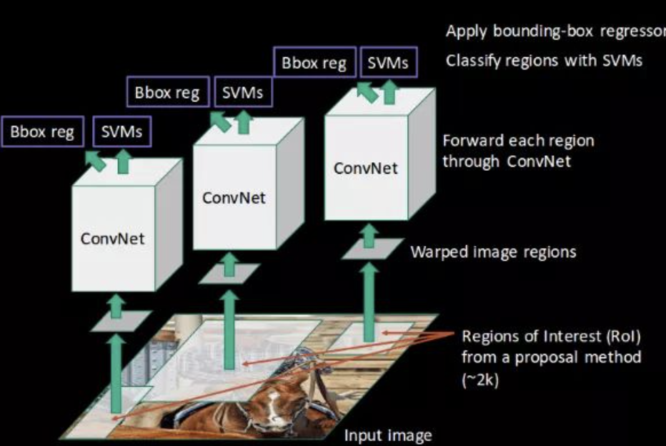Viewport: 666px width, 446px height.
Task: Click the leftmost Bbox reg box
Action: coord(43,132)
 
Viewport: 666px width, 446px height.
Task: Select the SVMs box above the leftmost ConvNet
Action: coord(121,132)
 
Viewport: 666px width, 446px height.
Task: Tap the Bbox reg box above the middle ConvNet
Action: coord(167,93)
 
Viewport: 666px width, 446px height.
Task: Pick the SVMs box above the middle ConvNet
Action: coord(242,93)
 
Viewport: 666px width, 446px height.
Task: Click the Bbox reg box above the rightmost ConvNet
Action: coord(314,63)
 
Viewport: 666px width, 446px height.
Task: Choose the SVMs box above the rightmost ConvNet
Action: coord(388,63)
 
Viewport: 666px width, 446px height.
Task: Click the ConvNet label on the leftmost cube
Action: coord(113,238)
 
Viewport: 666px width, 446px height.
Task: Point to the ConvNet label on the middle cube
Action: coord(234,197)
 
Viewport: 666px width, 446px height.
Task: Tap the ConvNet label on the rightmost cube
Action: coord(366,168)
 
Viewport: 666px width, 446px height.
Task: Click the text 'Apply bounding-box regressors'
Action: coord(555,31)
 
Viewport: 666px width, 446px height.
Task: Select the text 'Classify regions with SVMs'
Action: coord(544,61)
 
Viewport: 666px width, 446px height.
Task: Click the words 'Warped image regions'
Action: coord(493,252)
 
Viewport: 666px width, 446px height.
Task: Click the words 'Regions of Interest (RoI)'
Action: coord(551,336)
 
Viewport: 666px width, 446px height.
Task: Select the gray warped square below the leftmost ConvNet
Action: coord(121,320)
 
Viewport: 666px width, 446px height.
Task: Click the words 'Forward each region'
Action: coord(518,140)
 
